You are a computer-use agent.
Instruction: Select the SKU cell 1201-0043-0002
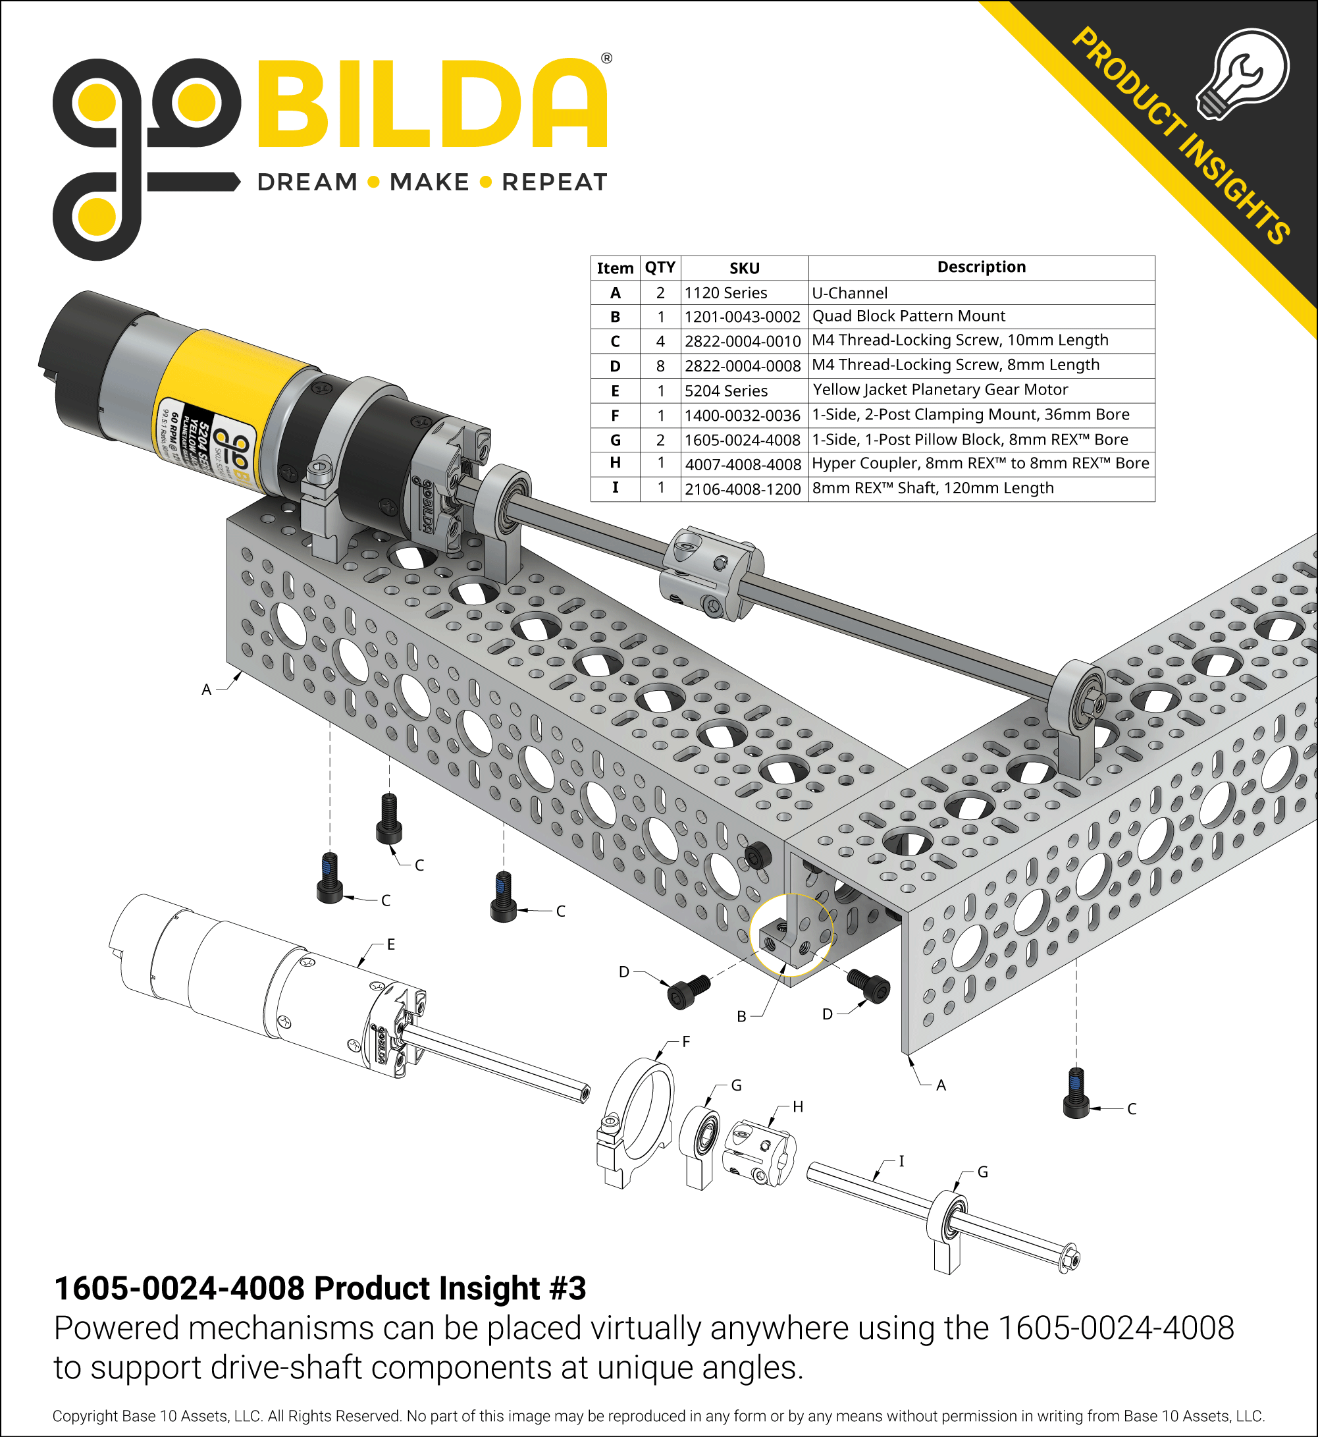[743, 317]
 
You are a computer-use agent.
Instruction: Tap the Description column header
[981, 267]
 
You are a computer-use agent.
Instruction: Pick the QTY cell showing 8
[660, 366]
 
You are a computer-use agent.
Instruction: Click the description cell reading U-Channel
[849, 292]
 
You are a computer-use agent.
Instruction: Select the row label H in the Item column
[615, 463]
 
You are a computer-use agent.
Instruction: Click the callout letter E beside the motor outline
[391, 944]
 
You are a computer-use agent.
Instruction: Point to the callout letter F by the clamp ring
[686, 1041]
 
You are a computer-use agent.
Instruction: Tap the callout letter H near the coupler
[797, 1106]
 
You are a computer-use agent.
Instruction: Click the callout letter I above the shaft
[901, 1161]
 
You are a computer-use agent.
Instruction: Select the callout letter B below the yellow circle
[741, 1016]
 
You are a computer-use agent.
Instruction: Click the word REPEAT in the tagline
[554, 182]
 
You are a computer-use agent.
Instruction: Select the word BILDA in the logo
[431, 105]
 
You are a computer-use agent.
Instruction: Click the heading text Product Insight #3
[449, 1289]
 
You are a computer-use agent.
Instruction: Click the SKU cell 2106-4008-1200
[743, 489]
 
